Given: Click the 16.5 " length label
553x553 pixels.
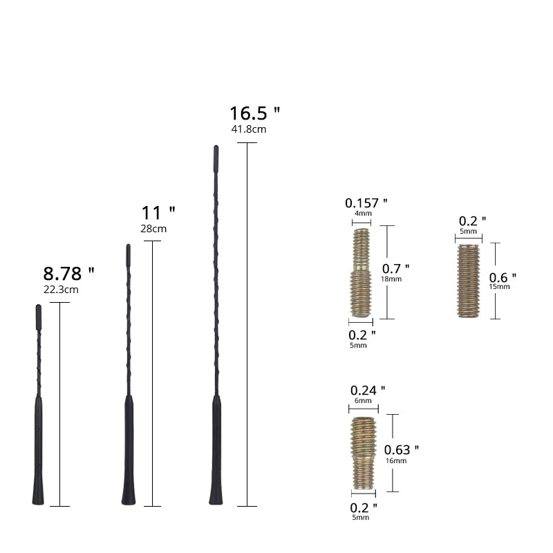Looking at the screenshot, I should click(254, 113).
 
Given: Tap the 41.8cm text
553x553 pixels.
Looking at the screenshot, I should click(249, 129).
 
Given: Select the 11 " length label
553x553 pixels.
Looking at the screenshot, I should click(158, 212).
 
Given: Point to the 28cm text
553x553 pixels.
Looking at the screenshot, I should click(153, 229).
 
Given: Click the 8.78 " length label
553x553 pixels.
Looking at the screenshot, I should click(68, 273).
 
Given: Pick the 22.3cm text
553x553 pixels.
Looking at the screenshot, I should click(61, 290).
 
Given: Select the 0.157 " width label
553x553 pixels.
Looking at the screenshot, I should click(366, 203).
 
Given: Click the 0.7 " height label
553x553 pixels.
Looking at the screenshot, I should click(396, 268).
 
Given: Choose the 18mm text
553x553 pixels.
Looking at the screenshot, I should click(391, 279).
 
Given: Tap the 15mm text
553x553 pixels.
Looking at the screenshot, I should click(498, 286).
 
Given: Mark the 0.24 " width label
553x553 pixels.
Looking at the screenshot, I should click(368, 391).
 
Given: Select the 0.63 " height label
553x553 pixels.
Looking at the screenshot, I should click(402, 450).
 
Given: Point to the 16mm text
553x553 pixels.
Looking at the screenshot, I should click(396, 461).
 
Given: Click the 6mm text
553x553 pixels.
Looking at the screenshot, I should click(363, 401).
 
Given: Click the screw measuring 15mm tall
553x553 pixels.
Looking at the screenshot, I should click(469, 281).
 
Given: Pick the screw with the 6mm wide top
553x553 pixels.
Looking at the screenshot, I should click(364, 449).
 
